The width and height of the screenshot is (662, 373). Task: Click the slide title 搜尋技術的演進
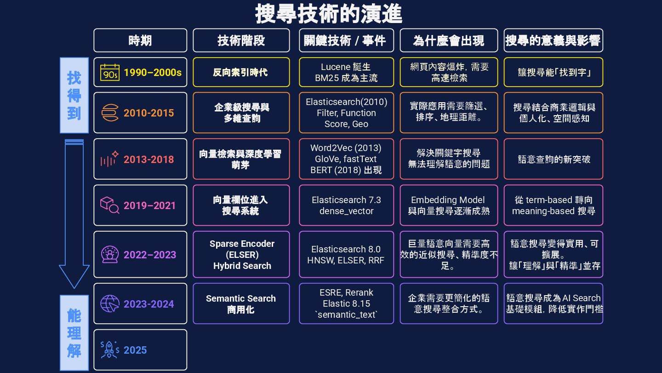click(328, 14)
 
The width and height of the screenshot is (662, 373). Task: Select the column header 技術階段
click(241, 41)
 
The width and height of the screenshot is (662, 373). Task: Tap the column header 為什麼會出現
click(448, 41)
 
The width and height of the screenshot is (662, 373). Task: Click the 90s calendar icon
click(109, 73)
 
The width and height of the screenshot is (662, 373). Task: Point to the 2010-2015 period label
click(148, 113)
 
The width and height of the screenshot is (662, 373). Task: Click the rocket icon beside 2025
click(110, 350)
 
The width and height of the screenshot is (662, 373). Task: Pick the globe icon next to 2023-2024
click(110, 304)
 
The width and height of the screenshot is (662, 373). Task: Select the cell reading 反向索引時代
click(241, 72)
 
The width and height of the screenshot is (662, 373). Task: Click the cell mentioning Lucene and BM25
click(346, 72)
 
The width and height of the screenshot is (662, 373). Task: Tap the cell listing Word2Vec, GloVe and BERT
click(346, 159)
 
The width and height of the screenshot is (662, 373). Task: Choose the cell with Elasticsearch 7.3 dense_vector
click(346, 205)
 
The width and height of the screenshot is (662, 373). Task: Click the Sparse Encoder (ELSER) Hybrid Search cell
click(241, 255)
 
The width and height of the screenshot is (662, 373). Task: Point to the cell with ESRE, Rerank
click(346, 303)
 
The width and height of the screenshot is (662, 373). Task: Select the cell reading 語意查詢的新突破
click(553, 159)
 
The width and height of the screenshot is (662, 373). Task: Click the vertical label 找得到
click(74, 95)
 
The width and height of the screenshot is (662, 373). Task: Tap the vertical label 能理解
click(74, 333)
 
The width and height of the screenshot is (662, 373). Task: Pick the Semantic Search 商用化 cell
click(241, 304)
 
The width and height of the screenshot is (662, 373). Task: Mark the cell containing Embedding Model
click(448, 205)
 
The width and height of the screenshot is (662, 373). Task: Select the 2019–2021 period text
click(149, 205)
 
